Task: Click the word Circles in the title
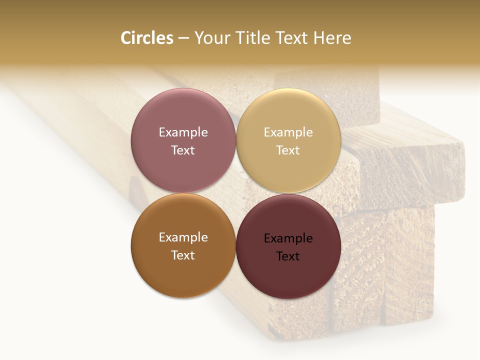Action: pyautogui.click(x=146, y=38)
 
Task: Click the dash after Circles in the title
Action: pyautogui.click(x=183, y=38)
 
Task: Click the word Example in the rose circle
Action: pyautogui.click(x=183, y=132)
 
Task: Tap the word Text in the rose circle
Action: pyautogui.click(x=183, y=150)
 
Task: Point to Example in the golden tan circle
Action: pyautogui.click(x=288, y=132)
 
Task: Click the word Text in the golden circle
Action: pyautogui.click(x=288, y=150)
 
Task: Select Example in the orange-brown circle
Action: pyautogui.click(x=183, y=237)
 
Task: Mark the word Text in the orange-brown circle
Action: pyautogui.click(x=183, y=255)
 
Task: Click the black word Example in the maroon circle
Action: pyautogui.click(x=288, y=238)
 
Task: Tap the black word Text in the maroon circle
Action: pyautogui.click(x=288, y=256)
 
